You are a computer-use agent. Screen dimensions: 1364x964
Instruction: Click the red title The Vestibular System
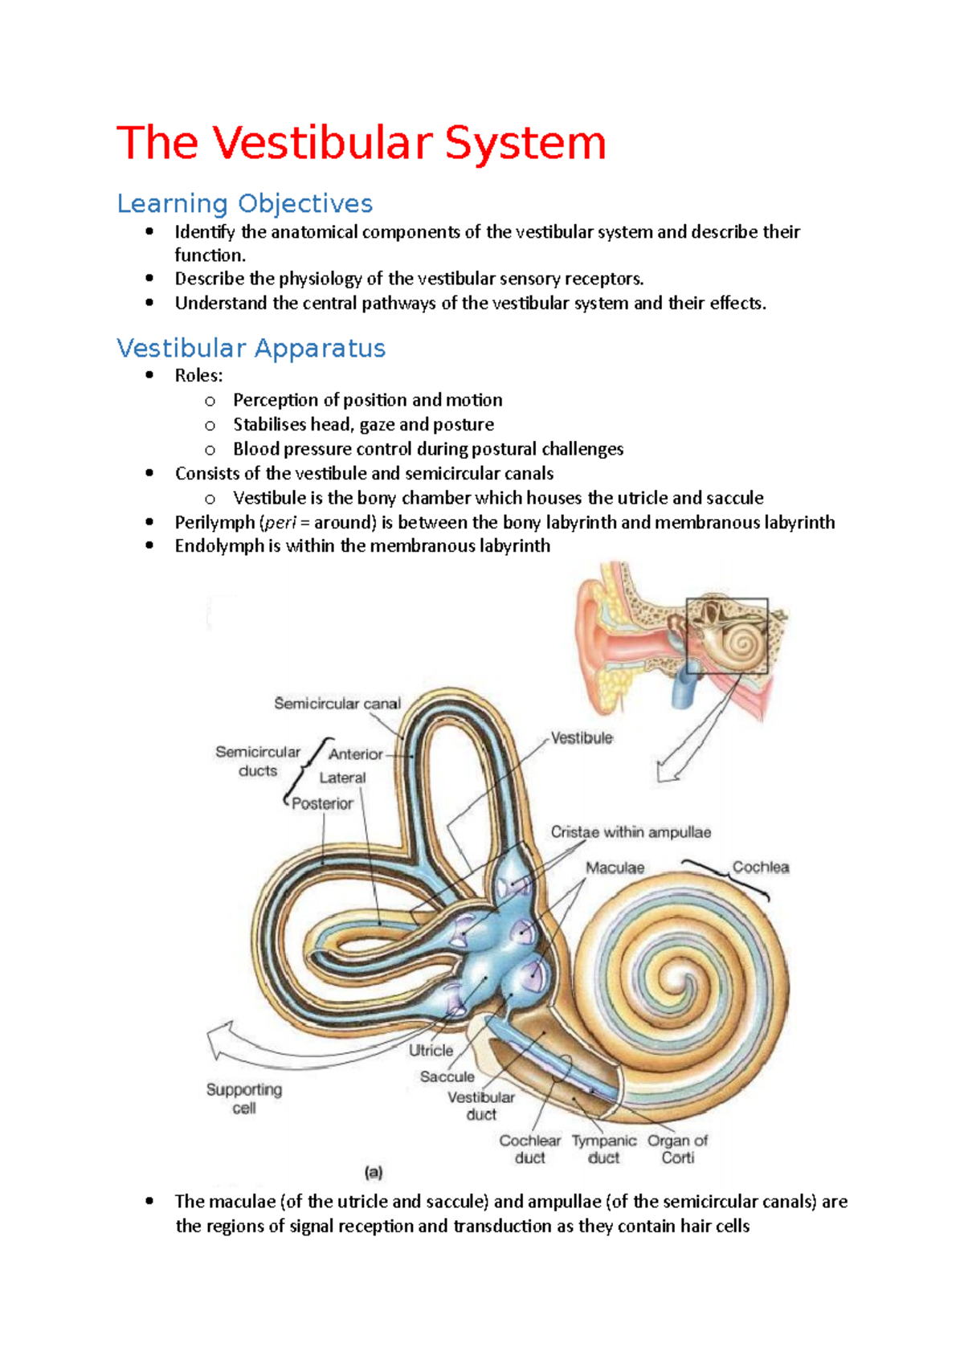(x=361, y=143)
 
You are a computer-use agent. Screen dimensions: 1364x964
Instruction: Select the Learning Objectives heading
(x=244, y=203)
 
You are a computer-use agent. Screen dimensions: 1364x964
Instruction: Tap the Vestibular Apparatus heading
(x=251, y=348)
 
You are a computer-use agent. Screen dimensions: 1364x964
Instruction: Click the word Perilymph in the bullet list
(x=214, y=522)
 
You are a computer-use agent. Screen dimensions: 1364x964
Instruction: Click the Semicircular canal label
(x=337, y=704)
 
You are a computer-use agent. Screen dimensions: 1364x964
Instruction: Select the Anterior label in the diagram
(x=355, y=754)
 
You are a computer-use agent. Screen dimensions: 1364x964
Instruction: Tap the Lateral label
(x=342, y=778)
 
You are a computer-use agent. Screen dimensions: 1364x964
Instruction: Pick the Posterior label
(x=322, y=803)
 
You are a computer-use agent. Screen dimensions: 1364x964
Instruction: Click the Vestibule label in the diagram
(x=582, y=737)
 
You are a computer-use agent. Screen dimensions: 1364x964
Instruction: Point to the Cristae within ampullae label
(x=631, y=832)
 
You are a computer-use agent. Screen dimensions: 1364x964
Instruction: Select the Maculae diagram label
(x=615, y=868)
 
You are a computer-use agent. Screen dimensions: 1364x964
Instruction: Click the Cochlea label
(x=760, y=868)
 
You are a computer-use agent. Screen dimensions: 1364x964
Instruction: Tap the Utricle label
(x=431, y=1050)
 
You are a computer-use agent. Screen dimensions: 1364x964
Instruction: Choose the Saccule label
(x=447, y=1076)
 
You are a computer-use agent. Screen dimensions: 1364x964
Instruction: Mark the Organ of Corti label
(x=677, y=1149)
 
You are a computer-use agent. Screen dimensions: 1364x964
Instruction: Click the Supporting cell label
(x=244, y=1098)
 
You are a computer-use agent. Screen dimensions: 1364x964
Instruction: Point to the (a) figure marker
(x=374, y=1172)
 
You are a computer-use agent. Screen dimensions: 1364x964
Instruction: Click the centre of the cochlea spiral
(x=684, y=982)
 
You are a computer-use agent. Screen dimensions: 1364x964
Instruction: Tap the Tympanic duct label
(x=603, y=1149)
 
